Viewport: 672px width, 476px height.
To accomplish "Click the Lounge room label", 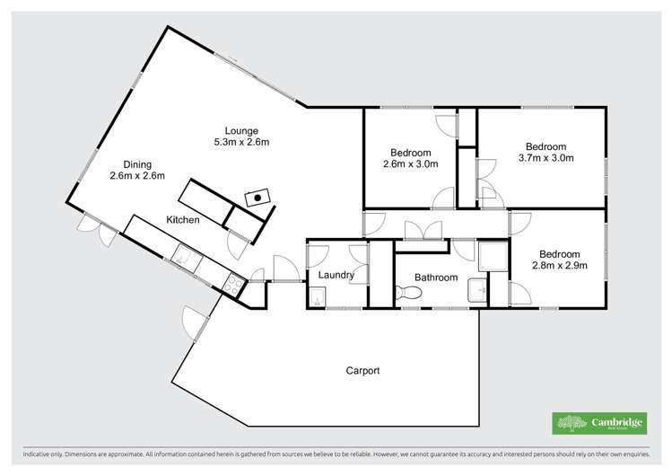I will click(241, 130).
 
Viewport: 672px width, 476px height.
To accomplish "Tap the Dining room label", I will click(137, 163).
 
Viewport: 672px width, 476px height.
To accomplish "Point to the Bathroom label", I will click(436, 278).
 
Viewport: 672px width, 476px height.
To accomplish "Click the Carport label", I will click(363, 370).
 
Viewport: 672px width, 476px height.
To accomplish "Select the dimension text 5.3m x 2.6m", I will click(241, 142).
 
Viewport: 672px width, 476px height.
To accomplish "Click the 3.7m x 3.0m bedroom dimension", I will click(545, 158).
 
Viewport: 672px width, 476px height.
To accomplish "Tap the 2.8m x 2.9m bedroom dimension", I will click(560, 267).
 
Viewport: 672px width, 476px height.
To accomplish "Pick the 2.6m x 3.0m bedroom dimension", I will click(410, 163).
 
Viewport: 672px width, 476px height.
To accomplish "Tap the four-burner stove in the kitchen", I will click(234, 284).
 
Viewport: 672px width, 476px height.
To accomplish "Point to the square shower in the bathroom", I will click(493, 258).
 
